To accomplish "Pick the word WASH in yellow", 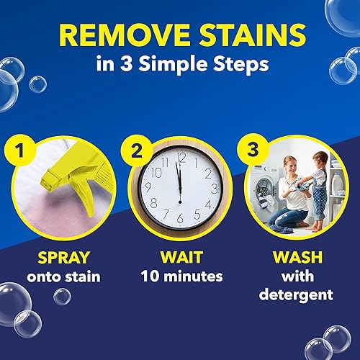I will tap(297, 257).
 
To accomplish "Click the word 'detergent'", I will tap(297, 295).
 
